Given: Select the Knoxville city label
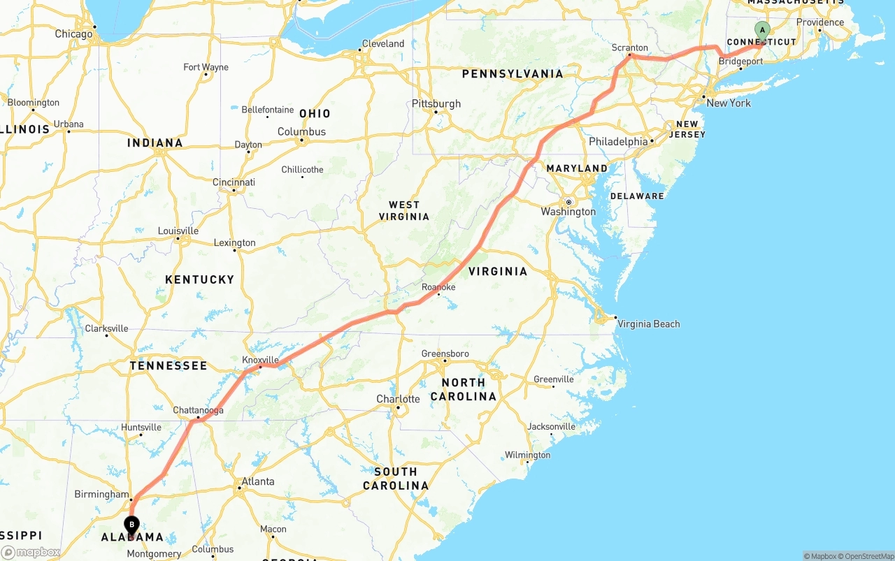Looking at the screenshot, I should tap(260, 360).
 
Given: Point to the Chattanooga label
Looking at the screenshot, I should tap(198, 410).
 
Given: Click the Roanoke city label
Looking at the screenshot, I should tap(438, 287).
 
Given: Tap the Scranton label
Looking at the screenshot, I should tap(629, 48).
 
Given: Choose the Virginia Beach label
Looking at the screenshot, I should tap(648, 323).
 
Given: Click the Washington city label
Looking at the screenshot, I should tap(568, 212).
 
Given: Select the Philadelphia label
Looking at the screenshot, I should tap(618, 142).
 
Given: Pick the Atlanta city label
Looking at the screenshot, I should tap(257, 481).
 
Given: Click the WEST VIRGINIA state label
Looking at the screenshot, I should tap(404, 210).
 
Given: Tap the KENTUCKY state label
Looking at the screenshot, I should tap(199, 279).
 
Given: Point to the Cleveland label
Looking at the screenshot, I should tap(382, 43).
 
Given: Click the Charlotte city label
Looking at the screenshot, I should tap(398, 399).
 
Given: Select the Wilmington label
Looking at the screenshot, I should tap(527, 455).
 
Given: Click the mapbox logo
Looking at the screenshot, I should tap(31, 552).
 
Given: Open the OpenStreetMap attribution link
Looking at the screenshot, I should tap(866, 556).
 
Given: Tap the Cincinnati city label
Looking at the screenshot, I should tap(234, 182).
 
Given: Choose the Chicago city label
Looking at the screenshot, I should tap(73, 34).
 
